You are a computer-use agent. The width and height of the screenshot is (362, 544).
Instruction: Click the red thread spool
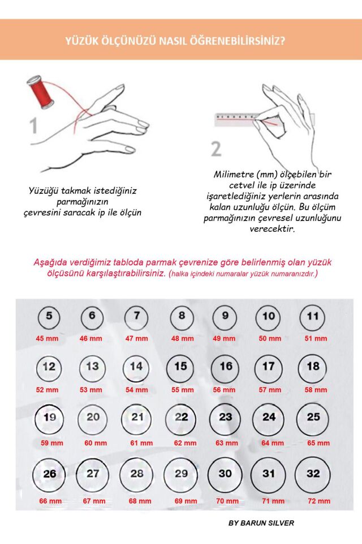tap(41, 93)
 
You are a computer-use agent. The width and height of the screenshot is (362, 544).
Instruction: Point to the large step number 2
tap(216, 148)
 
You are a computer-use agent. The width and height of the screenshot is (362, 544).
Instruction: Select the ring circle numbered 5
tap(49, 316)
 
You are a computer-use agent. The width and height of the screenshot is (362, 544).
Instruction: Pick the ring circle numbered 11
tap(313, 316)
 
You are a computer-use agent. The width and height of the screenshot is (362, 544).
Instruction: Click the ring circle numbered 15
tap(180, 367)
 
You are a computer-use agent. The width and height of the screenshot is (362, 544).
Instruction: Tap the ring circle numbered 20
tap(93, 418)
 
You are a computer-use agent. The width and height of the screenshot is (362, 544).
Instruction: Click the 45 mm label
tap(47, 338)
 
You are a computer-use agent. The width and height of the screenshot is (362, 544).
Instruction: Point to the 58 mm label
tap(316, 390)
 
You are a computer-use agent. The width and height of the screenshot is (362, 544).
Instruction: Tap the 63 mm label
tap(226, 443)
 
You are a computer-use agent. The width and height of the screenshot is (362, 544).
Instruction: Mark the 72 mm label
tap(318, 501)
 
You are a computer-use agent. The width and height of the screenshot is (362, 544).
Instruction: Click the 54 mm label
tap(136, 390)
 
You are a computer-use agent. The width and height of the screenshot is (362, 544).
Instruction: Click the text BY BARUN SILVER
tap(261, 523)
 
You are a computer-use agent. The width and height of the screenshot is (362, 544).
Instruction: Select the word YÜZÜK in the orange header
tap(81, 41)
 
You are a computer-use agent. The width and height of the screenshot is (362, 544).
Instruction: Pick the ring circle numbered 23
tap(225, 418)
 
